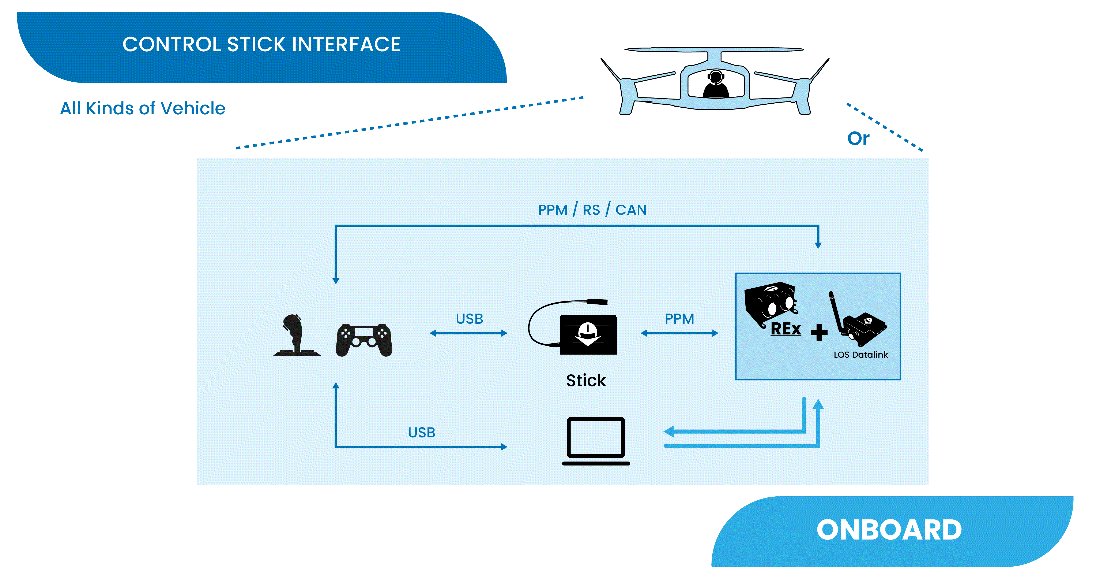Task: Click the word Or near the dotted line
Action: [858, 138]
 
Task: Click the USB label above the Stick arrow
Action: [469, 319]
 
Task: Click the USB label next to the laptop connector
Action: [421, 433]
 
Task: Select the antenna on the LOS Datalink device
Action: [836, 312]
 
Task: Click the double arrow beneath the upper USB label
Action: [468, 333]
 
